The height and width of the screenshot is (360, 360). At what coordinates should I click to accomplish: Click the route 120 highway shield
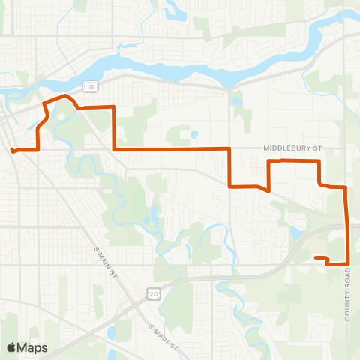point(90,87)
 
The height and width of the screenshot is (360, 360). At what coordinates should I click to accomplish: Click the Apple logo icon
point(11,347)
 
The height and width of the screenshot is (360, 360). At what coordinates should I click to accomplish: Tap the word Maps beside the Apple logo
point(32,347)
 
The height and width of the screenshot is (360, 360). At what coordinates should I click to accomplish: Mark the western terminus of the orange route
point(12,150)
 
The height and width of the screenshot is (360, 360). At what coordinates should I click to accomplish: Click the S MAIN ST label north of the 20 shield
point(103,258)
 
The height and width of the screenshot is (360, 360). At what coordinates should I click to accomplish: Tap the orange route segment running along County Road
point(346,225)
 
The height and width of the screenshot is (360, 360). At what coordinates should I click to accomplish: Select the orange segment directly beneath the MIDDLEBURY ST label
point(292,160)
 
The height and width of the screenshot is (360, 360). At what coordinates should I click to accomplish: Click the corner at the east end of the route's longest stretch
point(229,149)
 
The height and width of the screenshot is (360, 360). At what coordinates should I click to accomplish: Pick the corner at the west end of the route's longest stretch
point(114,150)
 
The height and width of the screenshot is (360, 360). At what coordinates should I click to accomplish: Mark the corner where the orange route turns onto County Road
point(345,187)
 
